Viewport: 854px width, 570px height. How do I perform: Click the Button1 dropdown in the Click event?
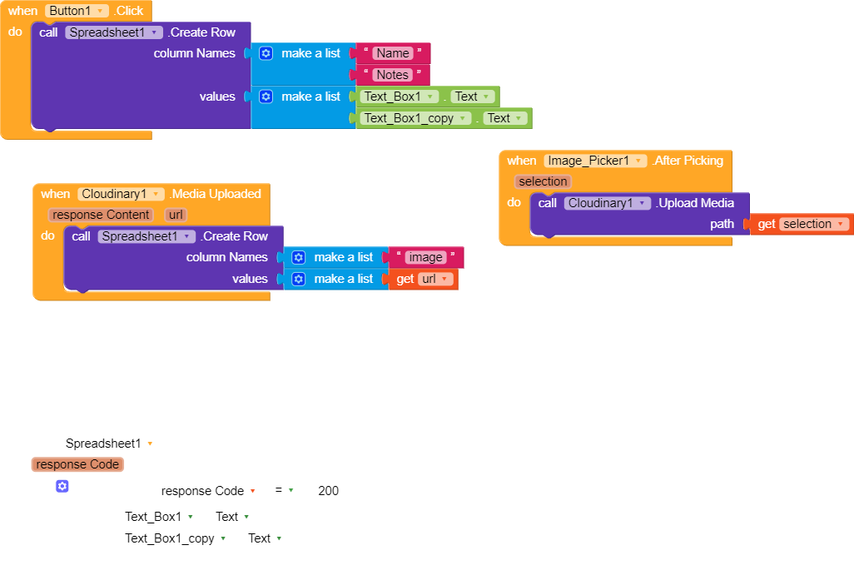[x=77, y=11]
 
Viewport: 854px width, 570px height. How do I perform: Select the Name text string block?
[x=393, y=53]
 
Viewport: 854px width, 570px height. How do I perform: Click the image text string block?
[x=425, y=257]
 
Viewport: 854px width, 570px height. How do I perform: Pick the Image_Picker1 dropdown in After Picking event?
[x=595, y=161]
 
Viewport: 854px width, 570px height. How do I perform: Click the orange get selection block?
[x=802, y=224]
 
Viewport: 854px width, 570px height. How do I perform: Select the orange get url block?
[x=424, y=279]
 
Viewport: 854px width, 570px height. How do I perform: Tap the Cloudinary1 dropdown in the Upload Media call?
[x=607, y=203]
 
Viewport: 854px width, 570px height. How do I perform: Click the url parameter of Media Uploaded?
[x=175, y=215]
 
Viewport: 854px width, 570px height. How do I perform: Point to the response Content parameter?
[x=102, y=215]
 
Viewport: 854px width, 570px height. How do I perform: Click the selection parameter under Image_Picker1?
[x=543, y=181]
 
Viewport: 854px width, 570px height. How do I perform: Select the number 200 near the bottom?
[x=328, y=491]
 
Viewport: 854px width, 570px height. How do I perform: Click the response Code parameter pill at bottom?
[x=78, y=464]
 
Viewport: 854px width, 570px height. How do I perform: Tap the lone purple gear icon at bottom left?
[x=62, y=486]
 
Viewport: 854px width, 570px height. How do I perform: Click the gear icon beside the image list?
[x=298, y=257]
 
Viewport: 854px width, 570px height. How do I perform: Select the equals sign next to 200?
[x=279, y=491]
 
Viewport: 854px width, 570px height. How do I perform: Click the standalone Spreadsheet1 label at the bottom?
[x=104, y=444]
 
